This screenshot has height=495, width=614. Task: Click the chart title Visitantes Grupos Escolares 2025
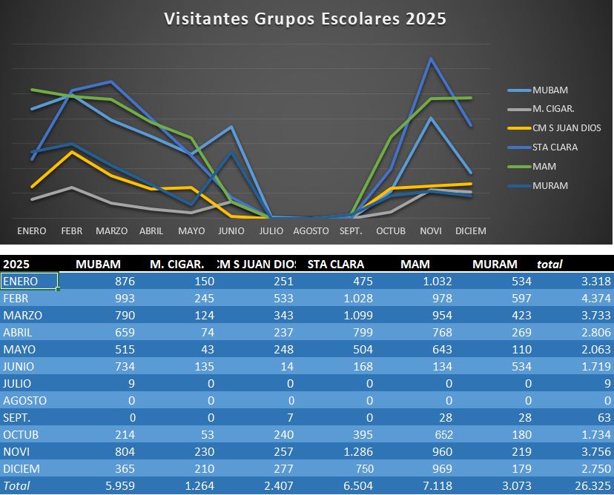[x=305, y=19]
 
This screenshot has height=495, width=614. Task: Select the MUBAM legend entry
[x=549, y=90]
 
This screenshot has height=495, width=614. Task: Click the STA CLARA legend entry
[x=555, y=147]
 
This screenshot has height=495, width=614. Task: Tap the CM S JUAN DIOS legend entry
[x=567, y=128]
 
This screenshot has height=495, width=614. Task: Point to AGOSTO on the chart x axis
[x=311, y=231]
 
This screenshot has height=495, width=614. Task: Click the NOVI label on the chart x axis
[x=430, y=231]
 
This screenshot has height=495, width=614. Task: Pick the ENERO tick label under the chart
[x=31, y=231]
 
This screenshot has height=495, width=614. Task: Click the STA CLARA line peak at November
[x=430, y=59]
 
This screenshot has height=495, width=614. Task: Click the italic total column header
[x=549, y=264]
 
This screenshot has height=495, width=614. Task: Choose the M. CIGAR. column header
[x=176, y=264]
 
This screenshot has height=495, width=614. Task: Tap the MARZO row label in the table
[x=22, y=315]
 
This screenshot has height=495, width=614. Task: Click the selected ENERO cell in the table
[x=30, y=281]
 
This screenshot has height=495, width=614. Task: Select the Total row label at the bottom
[x=16, y=486]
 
